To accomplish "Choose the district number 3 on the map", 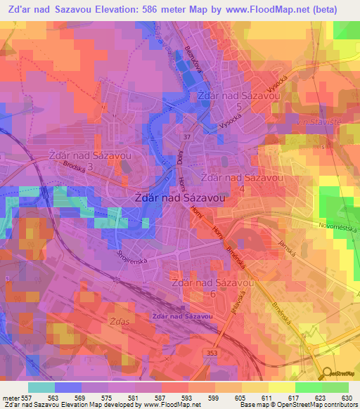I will (x=90, y=165).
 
